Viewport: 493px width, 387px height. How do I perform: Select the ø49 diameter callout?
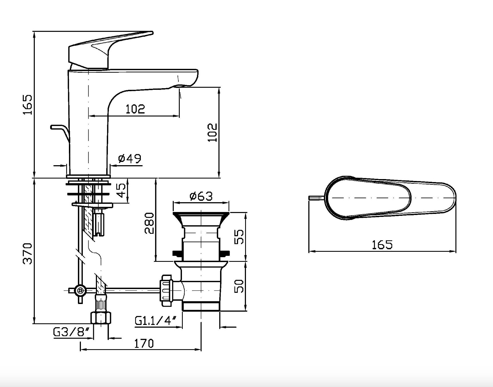(x=130, y=158)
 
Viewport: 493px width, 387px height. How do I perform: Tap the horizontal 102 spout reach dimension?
(x=135, y=109)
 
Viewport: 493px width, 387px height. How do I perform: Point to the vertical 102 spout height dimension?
(x=212, y=133)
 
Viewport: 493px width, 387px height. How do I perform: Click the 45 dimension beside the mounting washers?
(x=122, y=190)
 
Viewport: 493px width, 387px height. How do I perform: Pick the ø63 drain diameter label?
(x=201, y=196)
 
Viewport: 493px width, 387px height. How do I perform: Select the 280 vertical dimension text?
(x=149, y=223)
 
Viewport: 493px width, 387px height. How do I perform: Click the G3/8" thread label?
(x=71, y=332)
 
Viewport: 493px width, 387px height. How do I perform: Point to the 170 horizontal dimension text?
(x=144, y=343)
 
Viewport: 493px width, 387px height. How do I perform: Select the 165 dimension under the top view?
(x=382, y=245)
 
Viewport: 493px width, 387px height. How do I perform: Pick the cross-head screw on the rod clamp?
(x=80, y=290)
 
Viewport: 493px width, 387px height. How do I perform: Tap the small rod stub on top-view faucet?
(x=316, y=198)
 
